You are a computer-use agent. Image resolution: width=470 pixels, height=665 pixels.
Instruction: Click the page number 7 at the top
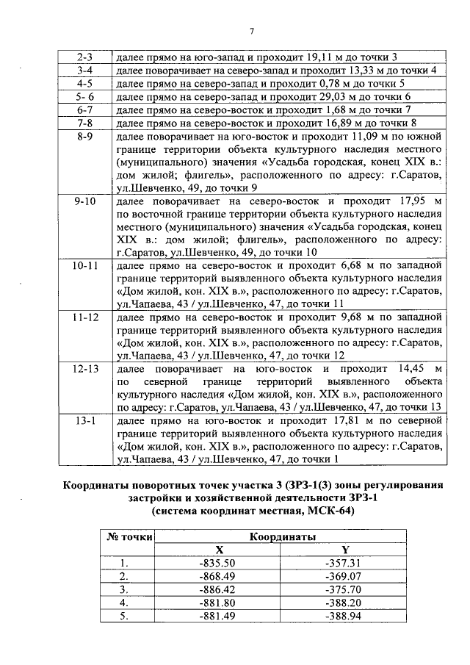click(x=252, y=31)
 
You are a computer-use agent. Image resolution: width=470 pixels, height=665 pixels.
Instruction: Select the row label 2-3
click(x=84, y=57)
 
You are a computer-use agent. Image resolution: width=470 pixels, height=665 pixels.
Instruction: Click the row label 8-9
click(x=84, y=137)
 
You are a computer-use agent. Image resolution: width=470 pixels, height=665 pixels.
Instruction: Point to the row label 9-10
click(x=84, y=201)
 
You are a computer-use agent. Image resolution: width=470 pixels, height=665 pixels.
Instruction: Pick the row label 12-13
click(x=84, y=367)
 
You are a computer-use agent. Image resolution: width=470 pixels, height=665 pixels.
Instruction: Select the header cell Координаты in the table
click(x=282, y=537)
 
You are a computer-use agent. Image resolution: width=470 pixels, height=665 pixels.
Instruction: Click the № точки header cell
click(x=126, y=537)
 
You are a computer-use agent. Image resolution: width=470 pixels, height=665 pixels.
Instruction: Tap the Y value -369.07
click(x=344, y=576)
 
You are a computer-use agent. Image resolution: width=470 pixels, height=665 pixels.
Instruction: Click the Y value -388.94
click(x=344, y=616)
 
